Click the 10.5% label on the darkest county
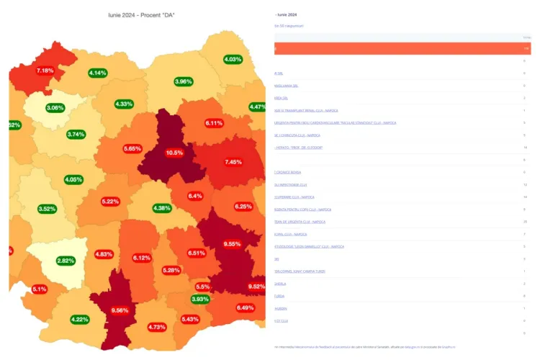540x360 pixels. (x=174, y=153)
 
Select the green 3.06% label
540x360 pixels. (x=55, y=108)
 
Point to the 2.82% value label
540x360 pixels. (x=66, y=261)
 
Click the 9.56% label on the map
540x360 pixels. (x=120, y=310)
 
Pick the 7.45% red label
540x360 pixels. (x=233, y=162)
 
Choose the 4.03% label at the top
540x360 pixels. (x=233, y=59)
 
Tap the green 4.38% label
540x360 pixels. (x=163, y=208)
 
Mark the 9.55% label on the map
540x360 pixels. (x=232, y=244)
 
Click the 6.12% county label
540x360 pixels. (x=142, y=258)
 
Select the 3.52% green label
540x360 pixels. (x=47, y=209)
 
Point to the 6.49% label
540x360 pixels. (x=246, y=307)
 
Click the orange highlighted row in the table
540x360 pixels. (x=402, y=49)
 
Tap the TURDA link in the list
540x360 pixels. (x=279, y=296)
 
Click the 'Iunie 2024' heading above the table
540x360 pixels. (x=287, y=14)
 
